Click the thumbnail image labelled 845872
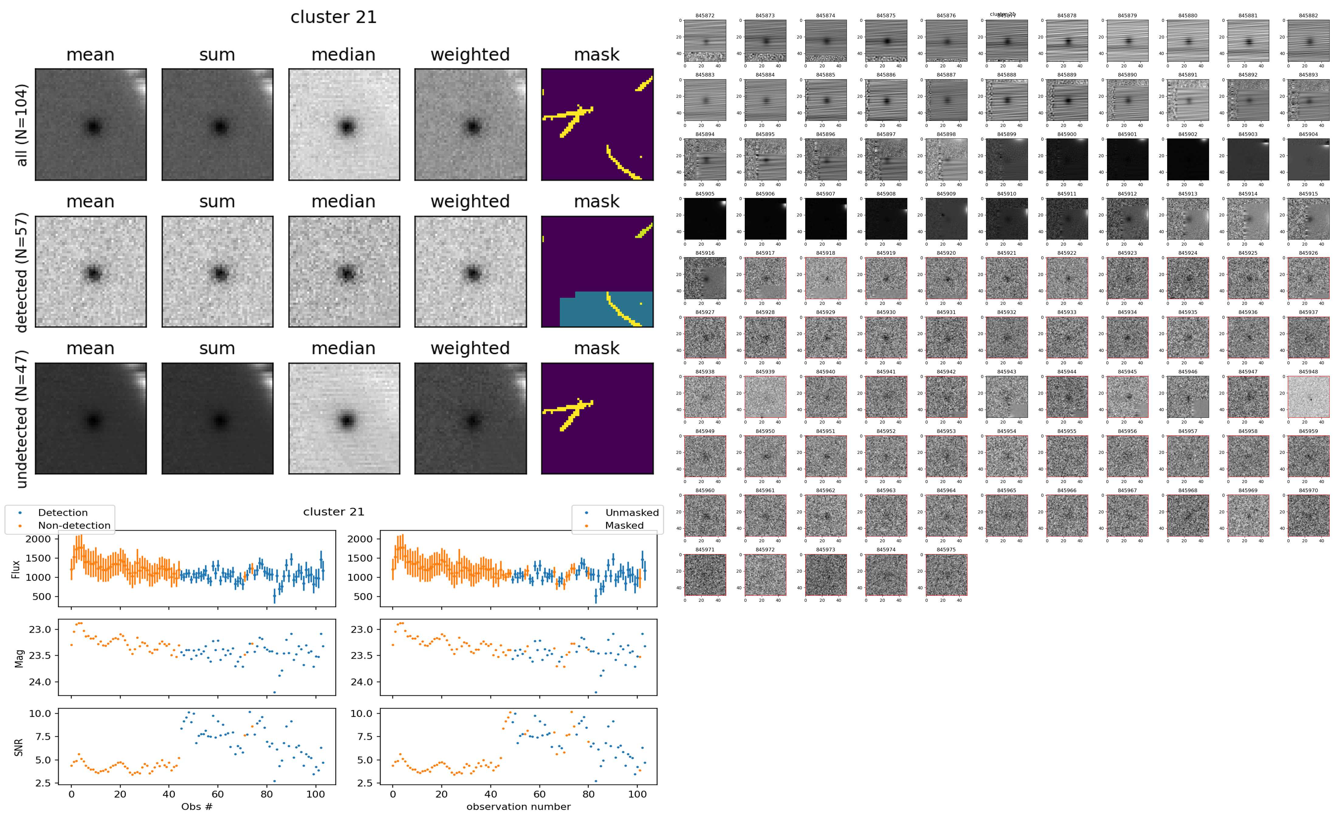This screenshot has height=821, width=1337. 705,41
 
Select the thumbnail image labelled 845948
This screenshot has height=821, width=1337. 1308,397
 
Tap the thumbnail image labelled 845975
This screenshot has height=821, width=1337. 946,574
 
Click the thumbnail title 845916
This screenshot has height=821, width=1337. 705,253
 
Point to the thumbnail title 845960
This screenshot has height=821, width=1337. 705,490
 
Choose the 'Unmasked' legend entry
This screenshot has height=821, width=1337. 631,513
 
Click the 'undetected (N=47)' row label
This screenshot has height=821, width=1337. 22,419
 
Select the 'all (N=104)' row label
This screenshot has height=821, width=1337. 22,125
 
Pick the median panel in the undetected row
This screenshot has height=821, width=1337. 344,419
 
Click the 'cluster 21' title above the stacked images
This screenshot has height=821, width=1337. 334,17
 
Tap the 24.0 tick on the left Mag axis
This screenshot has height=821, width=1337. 40,682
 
